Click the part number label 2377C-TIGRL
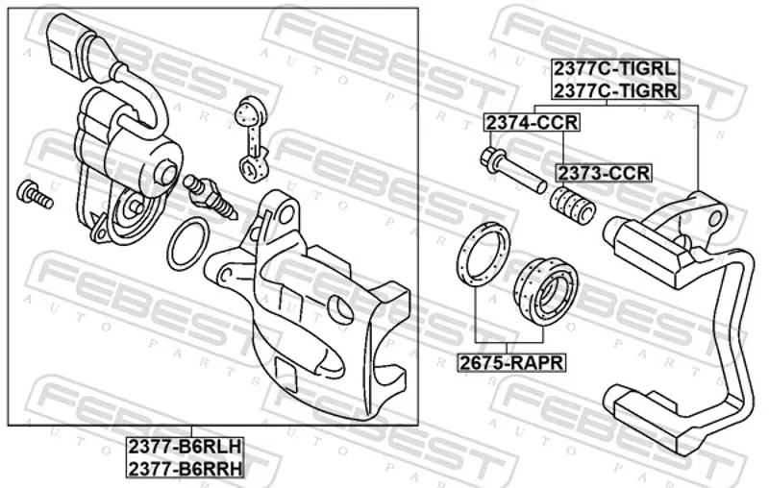(615, 68)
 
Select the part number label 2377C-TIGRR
(615, 89)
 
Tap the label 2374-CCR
(533, 123)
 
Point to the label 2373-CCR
(604, 173)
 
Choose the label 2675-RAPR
(511, 363)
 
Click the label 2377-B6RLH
(186, 447)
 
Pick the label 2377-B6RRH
(186, 469)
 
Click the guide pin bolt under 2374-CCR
(512, 170)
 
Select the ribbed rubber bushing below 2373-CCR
(572, 205)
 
